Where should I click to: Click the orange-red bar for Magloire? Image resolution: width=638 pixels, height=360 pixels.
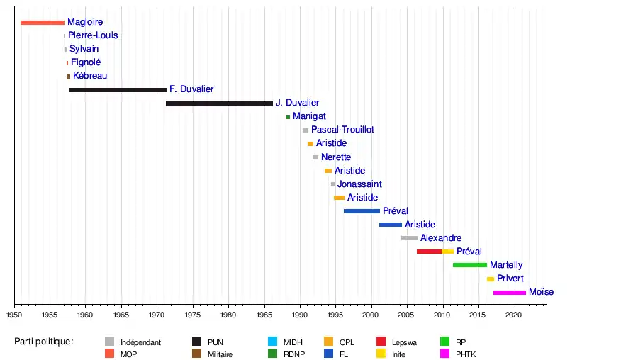coord(43,23)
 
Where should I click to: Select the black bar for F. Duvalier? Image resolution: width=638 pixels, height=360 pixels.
coord(118,90)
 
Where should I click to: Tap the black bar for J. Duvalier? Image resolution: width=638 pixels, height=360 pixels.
coord(219,103)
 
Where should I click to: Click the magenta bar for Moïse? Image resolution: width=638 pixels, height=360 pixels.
coord(510,292)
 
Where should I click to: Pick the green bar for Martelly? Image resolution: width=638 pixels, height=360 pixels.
coord(470,265)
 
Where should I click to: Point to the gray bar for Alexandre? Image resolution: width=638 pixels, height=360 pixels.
coord(409,238)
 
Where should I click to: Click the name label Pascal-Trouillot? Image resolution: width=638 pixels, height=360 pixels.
coord(342,130)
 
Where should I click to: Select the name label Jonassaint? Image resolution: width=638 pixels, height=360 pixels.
coord(359,184)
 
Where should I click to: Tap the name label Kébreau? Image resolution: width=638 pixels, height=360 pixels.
coord(90,76)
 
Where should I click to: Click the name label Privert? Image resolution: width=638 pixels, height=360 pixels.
coord(510,279)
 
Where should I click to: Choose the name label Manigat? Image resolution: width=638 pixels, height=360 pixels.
coord(309,116)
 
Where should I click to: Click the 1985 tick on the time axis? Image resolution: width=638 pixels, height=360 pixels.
coord(264,305)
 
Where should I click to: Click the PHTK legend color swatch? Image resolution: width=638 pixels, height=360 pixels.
coord(445,354)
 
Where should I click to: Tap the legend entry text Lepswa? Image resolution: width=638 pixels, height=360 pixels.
coord(404,342)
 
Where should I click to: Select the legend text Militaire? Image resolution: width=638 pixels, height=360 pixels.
coord(220,354)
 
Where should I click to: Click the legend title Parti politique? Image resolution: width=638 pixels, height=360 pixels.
coord(44,342)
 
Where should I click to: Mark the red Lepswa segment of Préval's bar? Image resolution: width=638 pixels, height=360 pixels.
coord(429,252)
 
